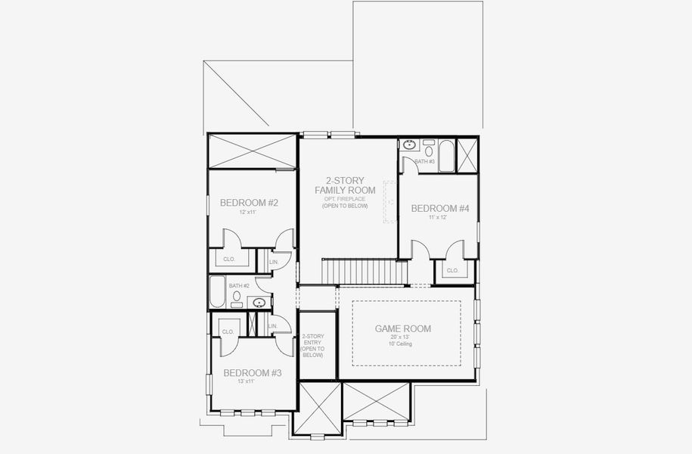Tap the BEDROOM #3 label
pyautogui.click(x=252, y=373)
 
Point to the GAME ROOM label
pyautogui.click(x=403, y=329)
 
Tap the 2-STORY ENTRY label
pyautogui.click(x=312, y=345)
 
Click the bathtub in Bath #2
pyautogui.click(x=217, y=291)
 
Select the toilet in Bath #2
pyautogui.click(x=237, y=297)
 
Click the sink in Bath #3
pyautogui.click(x=409, y=145)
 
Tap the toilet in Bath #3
pyautogui.click(x=429, y=150)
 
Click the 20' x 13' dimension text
pyautogui.click(x=403, y=337)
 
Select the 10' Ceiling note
pyautogui.click(x=403, y=344)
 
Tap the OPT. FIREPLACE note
pyautogui.click(x=345, y=199)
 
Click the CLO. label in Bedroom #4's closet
pyautogui.click(x=452, y=270)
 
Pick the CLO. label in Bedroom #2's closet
pyautogui.click(x=228, y=259)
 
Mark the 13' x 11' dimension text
pyautogui.click(x=252, y=382)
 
